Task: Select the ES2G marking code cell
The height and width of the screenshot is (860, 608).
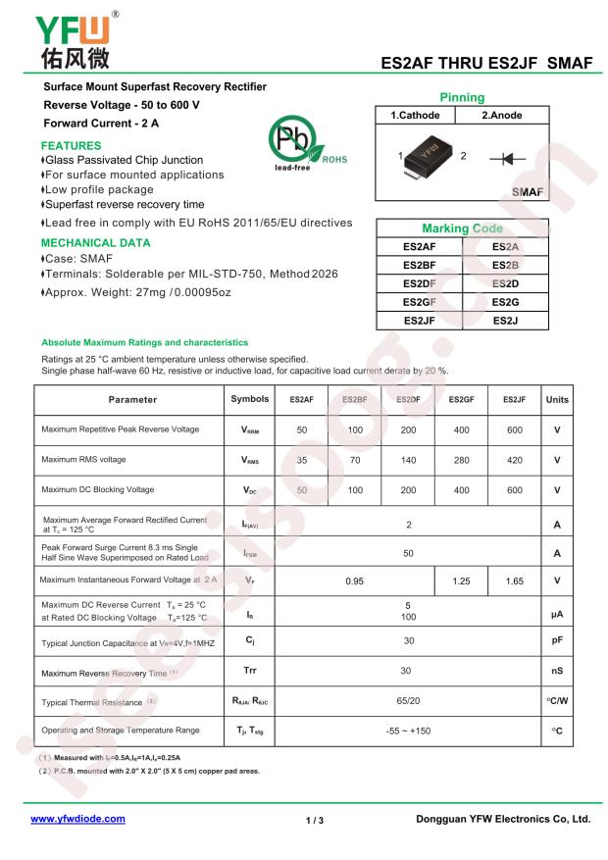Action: coord(506,302)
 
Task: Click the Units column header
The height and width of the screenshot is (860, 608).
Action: coord(557,399)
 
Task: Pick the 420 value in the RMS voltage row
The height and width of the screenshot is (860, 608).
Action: coord(514,460)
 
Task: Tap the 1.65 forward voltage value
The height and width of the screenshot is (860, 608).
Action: coord(514,581)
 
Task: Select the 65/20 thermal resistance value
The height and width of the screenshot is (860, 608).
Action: coord(408,702)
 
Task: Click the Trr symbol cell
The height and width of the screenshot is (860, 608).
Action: coord(249,672)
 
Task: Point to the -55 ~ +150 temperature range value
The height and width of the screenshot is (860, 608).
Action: coord(408,732)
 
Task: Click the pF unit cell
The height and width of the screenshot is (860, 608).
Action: coord(557,641)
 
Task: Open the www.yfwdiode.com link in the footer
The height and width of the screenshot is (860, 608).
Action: coord(78,818)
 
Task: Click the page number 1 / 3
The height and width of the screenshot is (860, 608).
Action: coord(314,819)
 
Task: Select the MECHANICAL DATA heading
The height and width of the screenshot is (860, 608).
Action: coord(96,241)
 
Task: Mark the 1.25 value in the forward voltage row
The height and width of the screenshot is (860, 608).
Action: coord(461,581)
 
